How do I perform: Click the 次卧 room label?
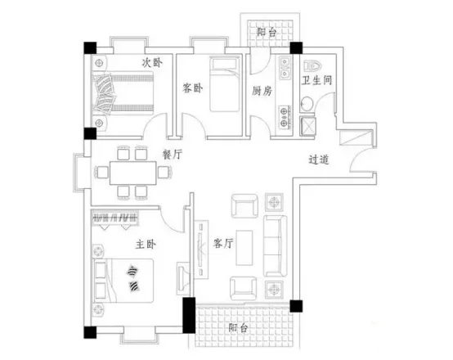[152, 63]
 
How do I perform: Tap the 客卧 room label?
[192, 88]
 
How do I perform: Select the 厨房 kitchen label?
[262, 91]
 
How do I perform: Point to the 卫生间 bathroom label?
[316, 80]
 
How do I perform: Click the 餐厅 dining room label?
[173, 155]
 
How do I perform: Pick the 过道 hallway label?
[319, 160]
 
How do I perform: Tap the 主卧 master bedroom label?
[146, 245]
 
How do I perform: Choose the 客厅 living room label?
[223, 243]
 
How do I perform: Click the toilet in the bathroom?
[312, 66]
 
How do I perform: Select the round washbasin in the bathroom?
[307, 104]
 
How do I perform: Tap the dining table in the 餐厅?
[133, 173]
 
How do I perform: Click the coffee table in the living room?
[244, 248]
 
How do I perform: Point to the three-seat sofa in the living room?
[275, 245]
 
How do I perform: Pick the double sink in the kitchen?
[285, 69]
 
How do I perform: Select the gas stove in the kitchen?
[285, 117]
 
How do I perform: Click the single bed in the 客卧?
[225, 84]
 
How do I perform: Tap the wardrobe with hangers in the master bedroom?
[115, 218]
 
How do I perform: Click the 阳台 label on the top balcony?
[267, 32]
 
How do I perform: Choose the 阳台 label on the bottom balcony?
[238, 327]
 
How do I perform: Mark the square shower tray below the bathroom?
[307, 126]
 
